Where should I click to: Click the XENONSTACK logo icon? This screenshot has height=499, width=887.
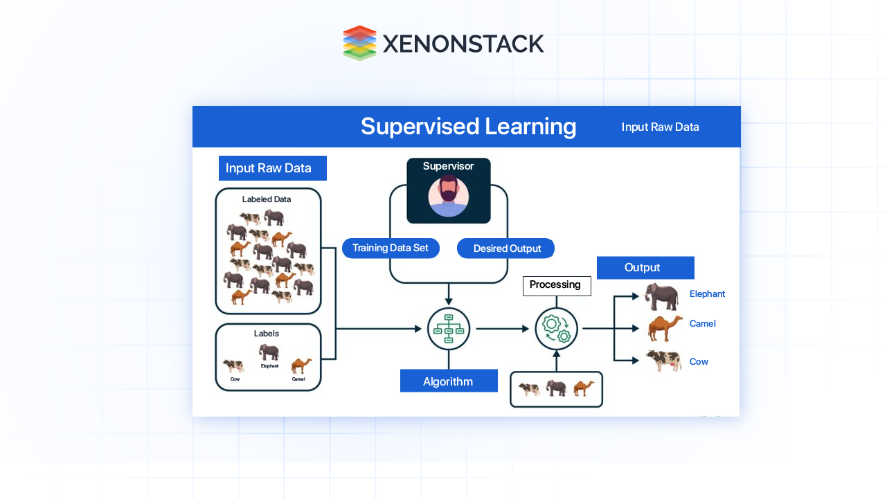pyautogui.click(x=359, y=43)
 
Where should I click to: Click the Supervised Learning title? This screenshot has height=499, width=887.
pyautogui.click(x=468, y=127)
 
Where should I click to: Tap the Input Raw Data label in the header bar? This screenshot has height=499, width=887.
pyautogui.click(x=660, y=127)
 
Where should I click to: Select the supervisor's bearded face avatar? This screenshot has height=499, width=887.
pyautogui.click(x=449, y=195)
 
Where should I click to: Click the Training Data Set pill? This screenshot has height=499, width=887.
pyautogui.click(x=391, y=248)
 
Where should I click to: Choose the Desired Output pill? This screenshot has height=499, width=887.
pyautogui.click(x=506, y=248)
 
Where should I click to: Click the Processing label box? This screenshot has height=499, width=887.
pyautogui.click(x=556, y=285)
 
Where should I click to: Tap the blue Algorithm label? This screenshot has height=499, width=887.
pyautogui.click(x=448, y=381)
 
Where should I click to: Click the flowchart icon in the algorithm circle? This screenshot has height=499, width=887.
pyautogui.click(x=449, y=329)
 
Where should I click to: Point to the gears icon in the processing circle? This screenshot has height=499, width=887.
pyautogui.click(x=557, y=329)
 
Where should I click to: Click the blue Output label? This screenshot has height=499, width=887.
pyautogui.click(x=645, y=268)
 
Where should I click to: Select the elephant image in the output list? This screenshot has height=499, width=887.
pyautogui.click(x=662, y=296)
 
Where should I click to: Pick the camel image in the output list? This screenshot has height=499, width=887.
pyautogui.click(x=665, y=328)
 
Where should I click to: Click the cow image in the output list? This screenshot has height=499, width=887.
pyautogui.click(x=663, y=361)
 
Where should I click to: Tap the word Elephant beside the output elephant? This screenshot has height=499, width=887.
pyautogui.click(x=707, y=294)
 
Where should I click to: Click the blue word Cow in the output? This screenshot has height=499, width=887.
pyautogui.click(x=699, y=362)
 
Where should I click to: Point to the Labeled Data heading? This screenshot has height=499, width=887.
pyautogui.click(x=267, y=199)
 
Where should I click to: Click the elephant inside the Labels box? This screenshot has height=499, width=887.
pyautogui.click(x=269, y=352)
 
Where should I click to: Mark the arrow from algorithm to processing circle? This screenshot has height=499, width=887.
pyautogui.click(x=503, y=329)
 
